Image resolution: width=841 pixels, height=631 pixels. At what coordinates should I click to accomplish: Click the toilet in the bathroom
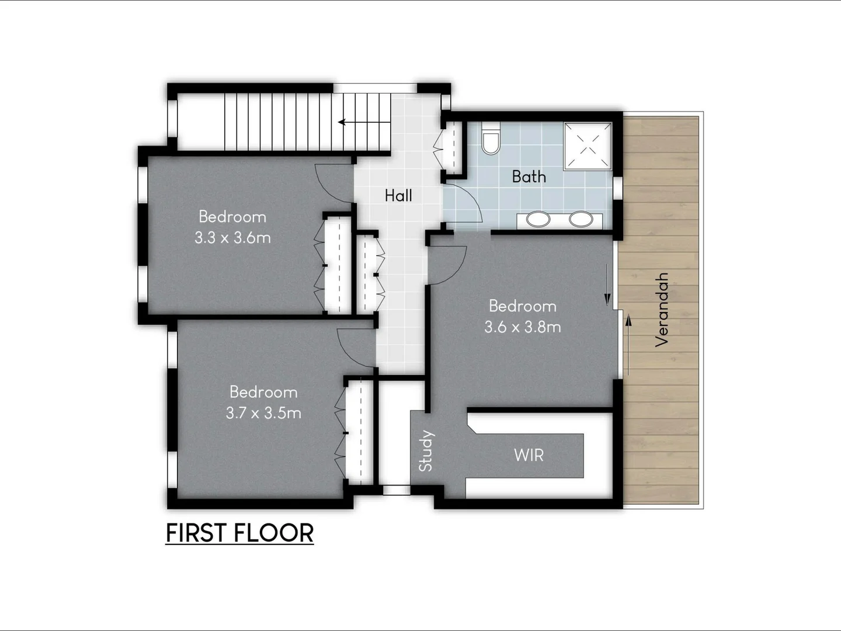point(491,140)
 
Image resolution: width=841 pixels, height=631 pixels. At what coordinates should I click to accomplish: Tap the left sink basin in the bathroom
point(538,220)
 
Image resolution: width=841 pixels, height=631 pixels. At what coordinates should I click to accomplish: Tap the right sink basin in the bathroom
point(581,220)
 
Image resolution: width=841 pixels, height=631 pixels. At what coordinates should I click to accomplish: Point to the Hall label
point(398,196)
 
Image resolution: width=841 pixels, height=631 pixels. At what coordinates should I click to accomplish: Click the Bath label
point(529,176)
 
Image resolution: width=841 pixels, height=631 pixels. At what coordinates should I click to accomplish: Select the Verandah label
point(661,310)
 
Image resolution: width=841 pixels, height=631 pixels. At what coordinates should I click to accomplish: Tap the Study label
point(426,450)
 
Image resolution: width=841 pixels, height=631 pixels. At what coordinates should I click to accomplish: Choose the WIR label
point(529,455)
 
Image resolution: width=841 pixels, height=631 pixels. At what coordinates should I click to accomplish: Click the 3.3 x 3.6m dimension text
point(232,238)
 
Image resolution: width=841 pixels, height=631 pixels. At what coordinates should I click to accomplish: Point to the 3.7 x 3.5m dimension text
point(263,413)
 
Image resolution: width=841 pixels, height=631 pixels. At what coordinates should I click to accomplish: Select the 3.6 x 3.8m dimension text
point(522,327)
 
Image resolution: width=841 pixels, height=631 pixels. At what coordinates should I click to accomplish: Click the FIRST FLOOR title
point(239,533)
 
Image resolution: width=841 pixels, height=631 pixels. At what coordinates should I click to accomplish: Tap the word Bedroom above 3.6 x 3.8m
point(522,306)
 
